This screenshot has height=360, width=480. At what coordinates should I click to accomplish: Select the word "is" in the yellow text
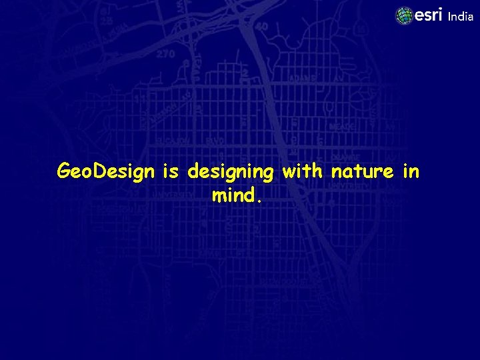pyautogui.click(x=171, y=172)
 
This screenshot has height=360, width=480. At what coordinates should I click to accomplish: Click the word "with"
pyautogui.click(x=302, y=171)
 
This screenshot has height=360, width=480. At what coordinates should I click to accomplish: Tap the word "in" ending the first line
pyautogui.click(x=411, y=171)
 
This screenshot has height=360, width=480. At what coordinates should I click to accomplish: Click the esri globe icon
pyautogui.click(x=404, y=16)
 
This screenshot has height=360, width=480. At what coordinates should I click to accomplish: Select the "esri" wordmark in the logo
pyautogui.click(x=428, y=15)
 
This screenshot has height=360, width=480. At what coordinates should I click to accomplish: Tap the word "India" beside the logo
pyautogui.click(x=460, y=17)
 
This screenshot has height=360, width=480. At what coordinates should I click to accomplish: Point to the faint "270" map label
pyautogui.click(x=166, y=54)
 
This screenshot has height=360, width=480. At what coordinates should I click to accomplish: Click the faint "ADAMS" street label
pyautogui.click(x=302, y=78)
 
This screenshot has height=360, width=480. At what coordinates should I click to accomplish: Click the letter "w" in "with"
pyautogui.click(x=289, y=172)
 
